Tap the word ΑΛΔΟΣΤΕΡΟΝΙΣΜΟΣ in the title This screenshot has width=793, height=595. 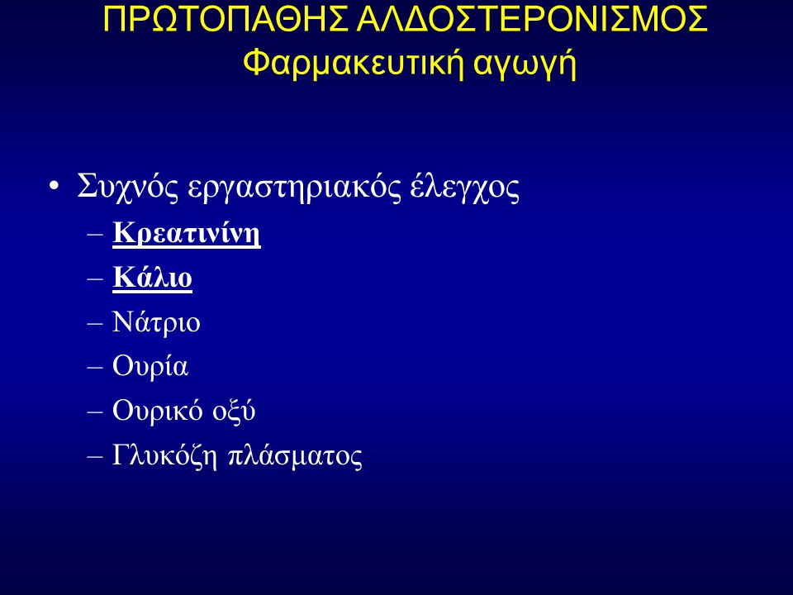[531, 19]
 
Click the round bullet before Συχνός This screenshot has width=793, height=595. [55, 186]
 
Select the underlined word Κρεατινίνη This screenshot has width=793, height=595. [187, 233]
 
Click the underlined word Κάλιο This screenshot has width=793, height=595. [152, 277]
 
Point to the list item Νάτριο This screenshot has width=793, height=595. [156, 321]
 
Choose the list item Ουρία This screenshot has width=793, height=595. [150, 365]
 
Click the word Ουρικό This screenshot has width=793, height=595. [157, 410]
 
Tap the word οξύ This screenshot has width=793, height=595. [234, 411]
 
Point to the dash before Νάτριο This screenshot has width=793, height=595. [95, 323]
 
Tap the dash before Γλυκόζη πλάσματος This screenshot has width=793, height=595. [95, 456]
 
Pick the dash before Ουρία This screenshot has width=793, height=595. [95, 367]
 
